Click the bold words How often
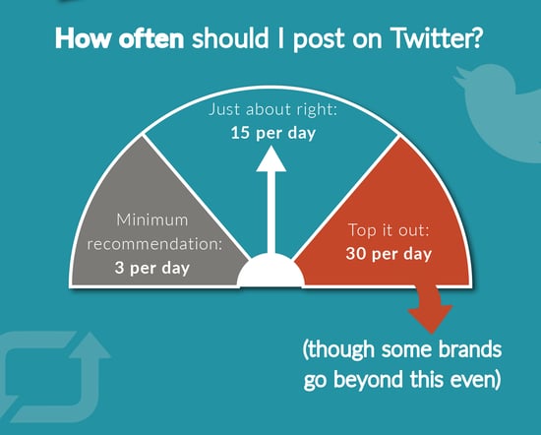[119, 37]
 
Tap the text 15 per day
[272, 133]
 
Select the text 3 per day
[152, 268]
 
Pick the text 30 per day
[389, 254]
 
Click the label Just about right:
[272, 109]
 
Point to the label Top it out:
[389, 230]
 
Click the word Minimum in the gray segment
[152, 219]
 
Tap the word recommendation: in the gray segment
[154, 244]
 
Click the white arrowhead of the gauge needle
[271, 158]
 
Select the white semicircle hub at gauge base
[270, 270]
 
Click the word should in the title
[230, 37]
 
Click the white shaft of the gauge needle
[271, 213]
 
